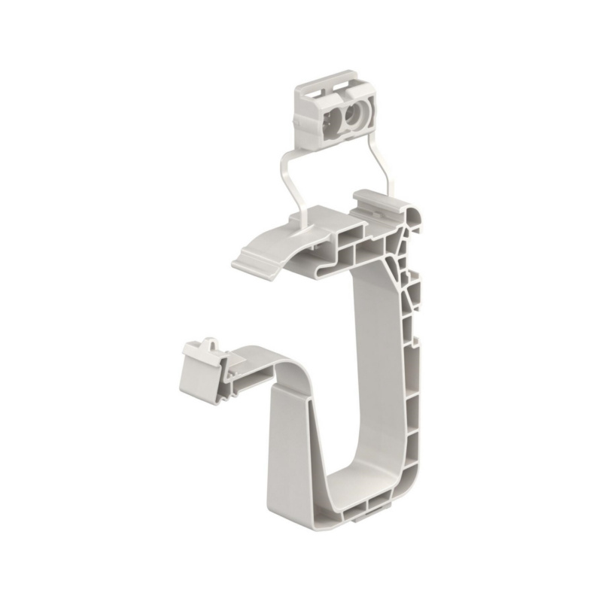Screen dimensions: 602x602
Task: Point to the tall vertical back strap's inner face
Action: click(x=374, y=361)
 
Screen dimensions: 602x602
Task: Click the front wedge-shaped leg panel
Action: click(x=290, y=451)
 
